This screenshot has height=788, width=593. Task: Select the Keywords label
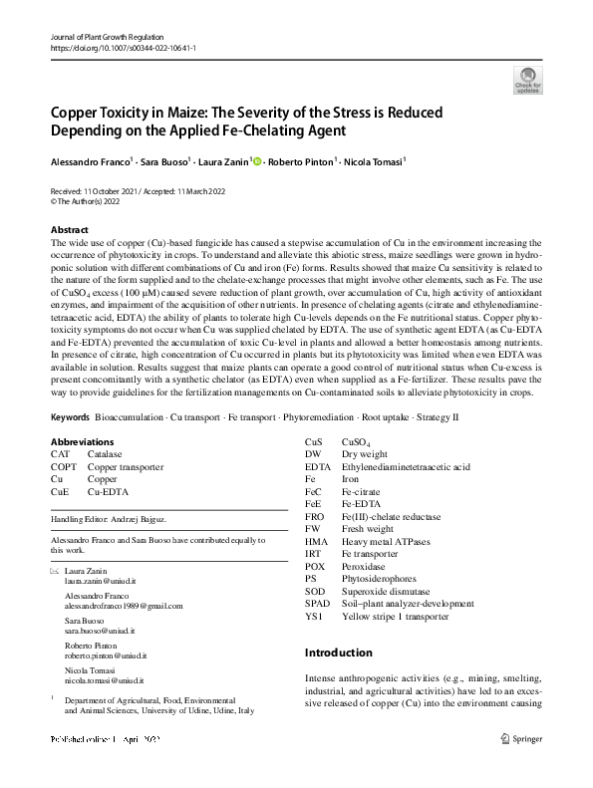(70, 444)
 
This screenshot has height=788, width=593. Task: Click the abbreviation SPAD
(317, 604)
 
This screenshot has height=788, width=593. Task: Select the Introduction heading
(338, 653)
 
